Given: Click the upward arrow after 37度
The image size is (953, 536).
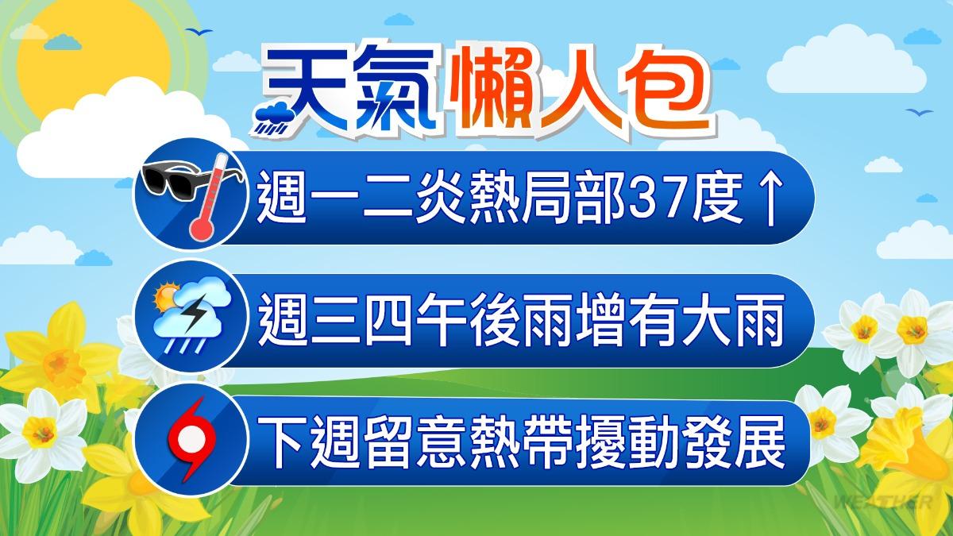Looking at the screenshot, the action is pyautogui.click(x=770, y=199).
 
